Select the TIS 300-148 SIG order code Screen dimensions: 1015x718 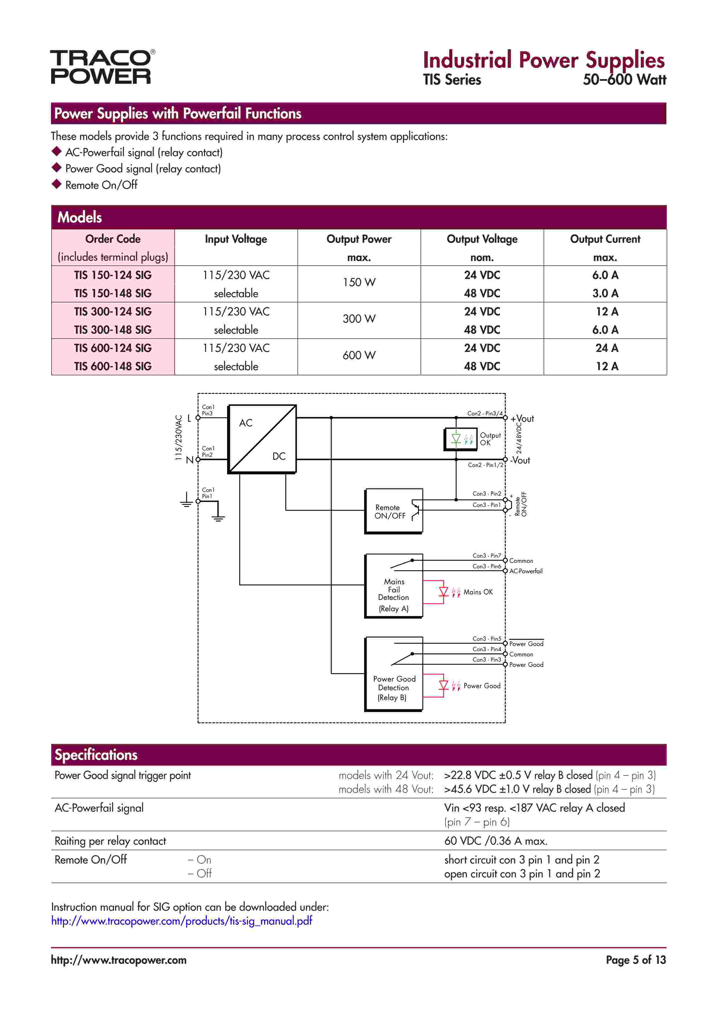tap(113, 330)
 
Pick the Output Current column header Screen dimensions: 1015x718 tap(605, 239)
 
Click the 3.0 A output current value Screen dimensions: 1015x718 tap(605, 293)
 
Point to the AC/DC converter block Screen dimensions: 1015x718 tap(262, 439)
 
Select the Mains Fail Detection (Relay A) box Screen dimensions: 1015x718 tap(393, 586)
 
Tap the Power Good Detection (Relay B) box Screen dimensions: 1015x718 tap(393, 674)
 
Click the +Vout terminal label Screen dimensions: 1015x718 tap(522, 419)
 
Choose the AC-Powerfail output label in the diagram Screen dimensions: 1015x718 tap(526, 571)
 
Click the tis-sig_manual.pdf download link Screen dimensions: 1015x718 tap(181, 921)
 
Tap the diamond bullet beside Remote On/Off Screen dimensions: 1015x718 tap(56, 184)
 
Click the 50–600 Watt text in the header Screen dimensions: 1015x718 tap(624, 80)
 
